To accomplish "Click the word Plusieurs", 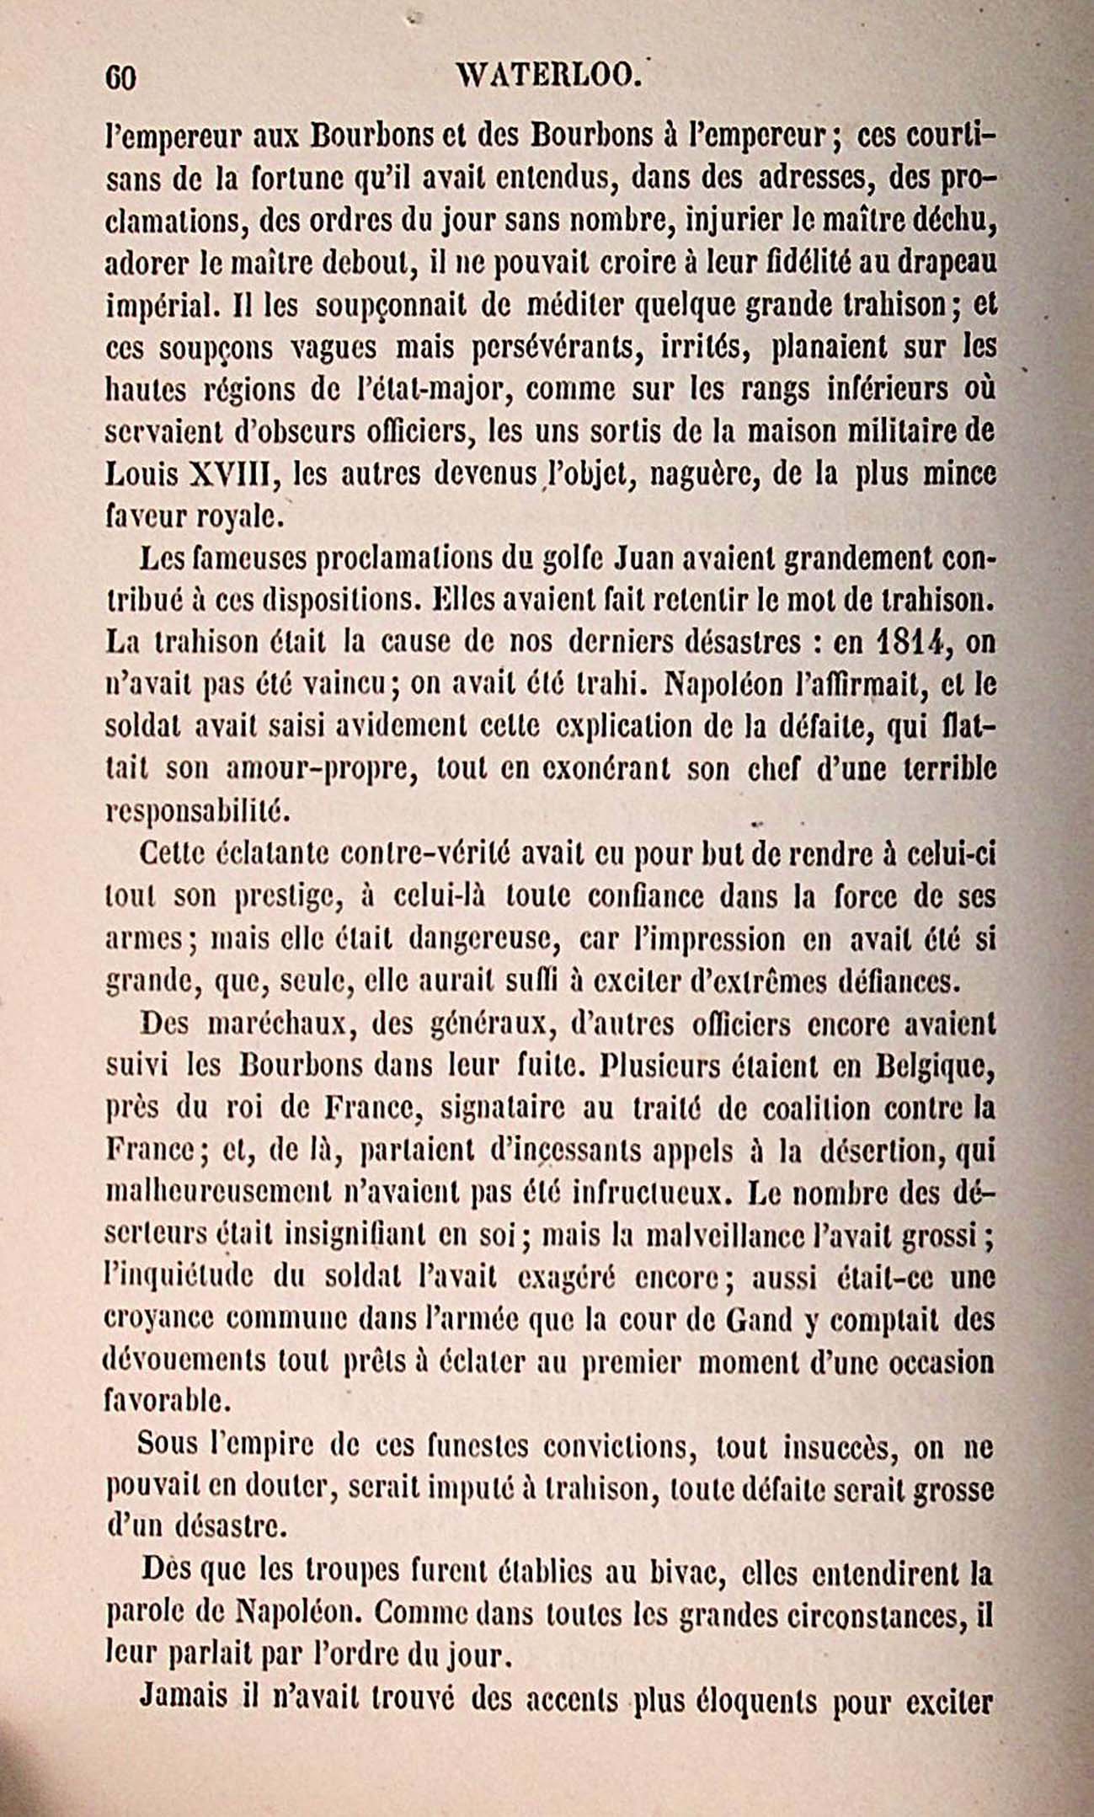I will pyautogui.click(x=675, y=1066).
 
